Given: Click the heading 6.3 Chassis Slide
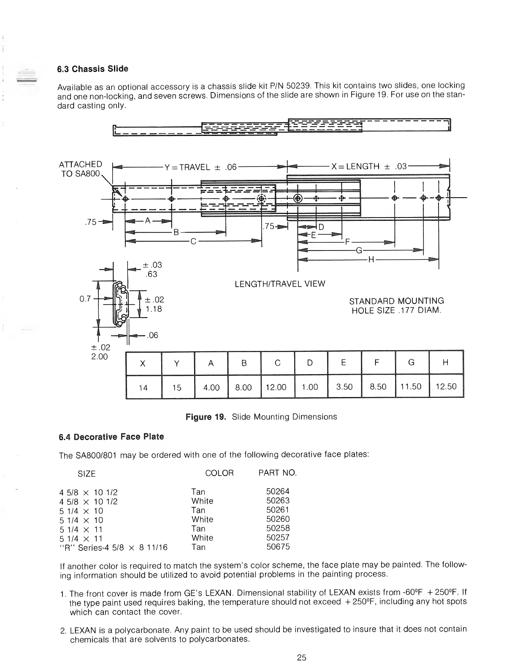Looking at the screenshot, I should pos(93,69).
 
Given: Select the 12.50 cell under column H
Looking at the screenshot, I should pos(446,386).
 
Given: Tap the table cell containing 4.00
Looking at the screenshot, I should pos(211,387).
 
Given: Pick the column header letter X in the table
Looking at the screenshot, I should pos(143,363).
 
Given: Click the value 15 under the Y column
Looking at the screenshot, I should pos(177,387).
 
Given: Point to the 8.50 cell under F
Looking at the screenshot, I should pos(378,386).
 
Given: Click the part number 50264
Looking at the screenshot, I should pos(278,491).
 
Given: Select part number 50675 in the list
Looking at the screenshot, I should pos(278,547).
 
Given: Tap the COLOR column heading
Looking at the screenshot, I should pos(219,473).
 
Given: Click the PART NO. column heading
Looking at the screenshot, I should pos(277,473).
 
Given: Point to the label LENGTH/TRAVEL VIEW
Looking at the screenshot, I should pos(280,284).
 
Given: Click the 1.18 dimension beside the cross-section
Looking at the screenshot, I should pos(151,309).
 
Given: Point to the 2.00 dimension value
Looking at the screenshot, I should pos(100,356).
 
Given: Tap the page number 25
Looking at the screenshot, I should pos(301,658).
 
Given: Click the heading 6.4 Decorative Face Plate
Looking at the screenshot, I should pos(111,437).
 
